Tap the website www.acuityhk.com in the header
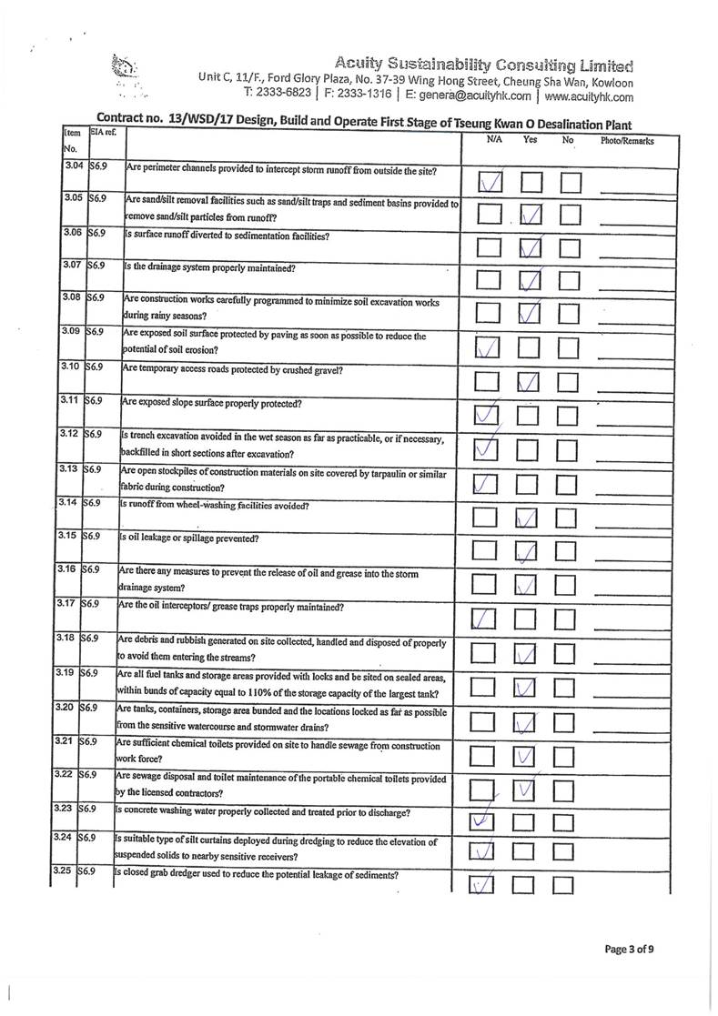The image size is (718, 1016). (x=589, y=96)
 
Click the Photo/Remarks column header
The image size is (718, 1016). (x=626, y=141)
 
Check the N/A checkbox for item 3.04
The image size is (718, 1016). (x=490, y=182)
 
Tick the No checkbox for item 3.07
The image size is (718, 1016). (x=571, y=281)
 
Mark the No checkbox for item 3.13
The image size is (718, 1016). (x=568, y=484)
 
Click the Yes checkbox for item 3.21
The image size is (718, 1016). (x=527, y=755)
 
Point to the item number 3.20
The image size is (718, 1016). (x=66, y=706)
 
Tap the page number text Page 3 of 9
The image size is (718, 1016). (x=630, y=950)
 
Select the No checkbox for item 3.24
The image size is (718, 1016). (x=566, y=852)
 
